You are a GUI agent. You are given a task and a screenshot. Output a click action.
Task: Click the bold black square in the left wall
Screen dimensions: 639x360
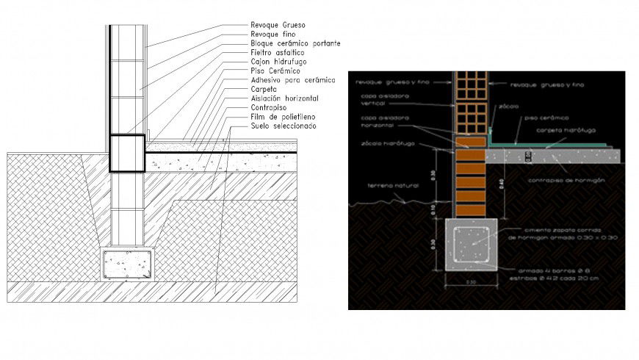point(127,154)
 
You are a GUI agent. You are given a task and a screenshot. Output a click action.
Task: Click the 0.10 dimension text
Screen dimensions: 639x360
point(434,209)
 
